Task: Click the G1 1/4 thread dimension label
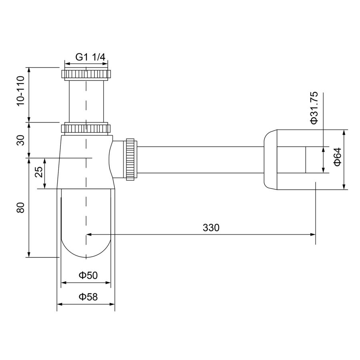click(91, 57)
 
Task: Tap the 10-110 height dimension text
click(21, 91)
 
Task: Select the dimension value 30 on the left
click(21, 140)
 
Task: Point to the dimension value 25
click(38, 172)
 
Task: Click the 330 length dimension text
click(211, 228)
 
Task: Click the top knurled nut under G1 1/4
click(86, 74)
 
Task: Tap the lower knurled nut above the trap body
click(86, 129)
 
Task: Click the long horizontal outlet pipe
click(200, 159)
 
